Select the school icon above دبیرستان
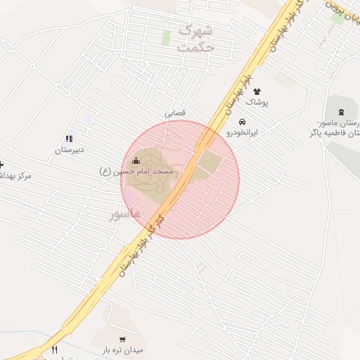(69, 139)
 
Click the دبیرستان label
(70, 150)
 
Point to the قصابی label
(176, 113)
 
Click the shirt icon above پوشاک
(256, 91)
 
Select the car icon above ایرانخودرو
(243, 121)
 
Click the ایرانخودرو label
(243, 132)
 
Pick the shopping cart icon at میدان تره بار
(122, 339)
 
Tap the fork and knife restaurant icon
(55, 349)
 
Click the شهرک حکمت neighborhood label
(196, 39)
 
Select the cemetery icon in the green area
(342, 112)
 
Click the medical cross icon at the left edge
(1, 164)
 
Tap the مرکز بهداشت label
(15, 175)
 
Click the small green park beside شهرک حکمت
(167, 37)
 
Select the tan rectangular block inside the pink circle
(209, 163)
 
